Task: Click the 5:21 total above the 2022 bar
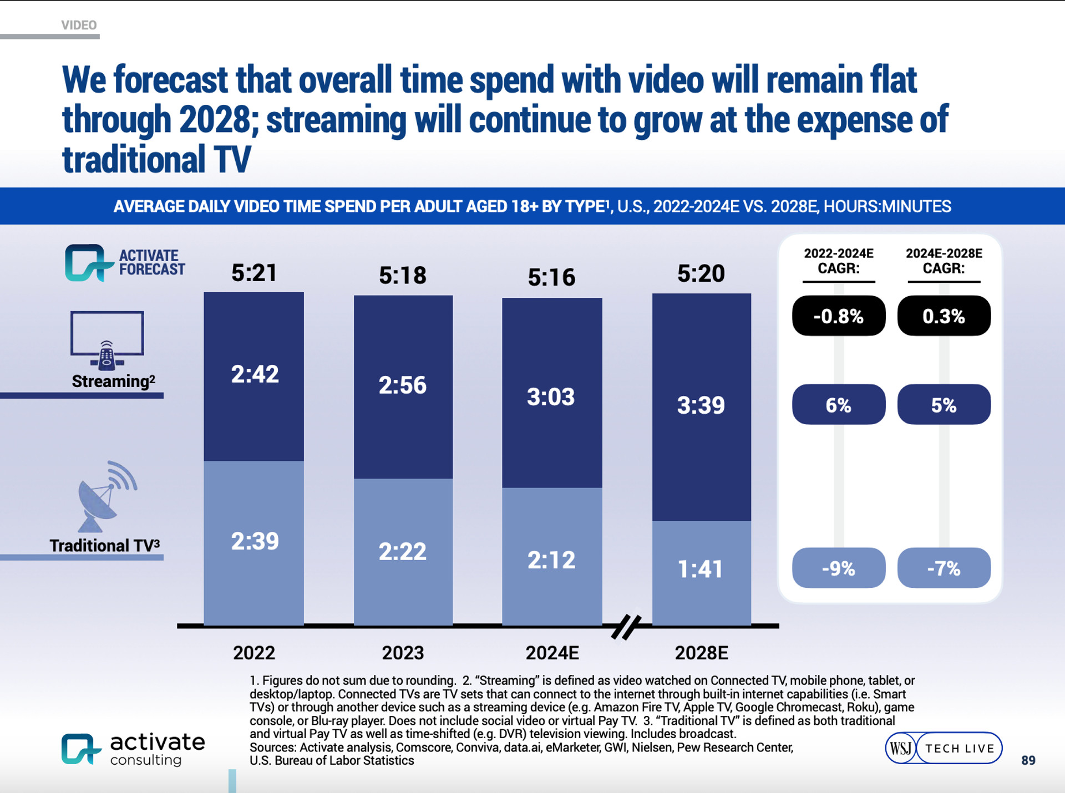tap(254, 273)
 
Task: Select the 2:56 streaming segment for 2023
tap(403, 385)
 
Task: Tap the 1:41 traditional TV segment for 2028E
tap(701, 569)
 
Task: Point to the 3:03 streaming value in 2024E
tap(551, 396)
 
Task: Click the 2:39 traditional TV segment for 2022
tap(255, 541)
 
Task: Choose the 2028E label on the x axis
tap(701, 653)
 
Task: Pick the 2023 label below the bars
tap(403, 653)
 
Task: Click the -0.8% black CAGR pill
tap(838, 316)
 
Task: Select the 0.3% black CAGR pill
tap(944, 316)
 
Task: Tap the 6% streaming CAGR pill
tap(838, 405)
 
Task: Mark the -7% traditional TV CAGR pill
tap(944, 568)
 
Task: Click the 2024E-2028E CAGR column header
tap(944, 261)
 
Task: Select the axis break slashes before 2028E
tap(626, 627)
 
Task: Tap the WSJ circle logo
tap(900, 748)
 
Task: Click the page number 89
tap(1028, 760)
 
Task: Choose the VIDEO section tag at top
tap(79, 25)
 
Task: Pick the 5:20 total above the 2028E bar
tap(701, 273)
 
